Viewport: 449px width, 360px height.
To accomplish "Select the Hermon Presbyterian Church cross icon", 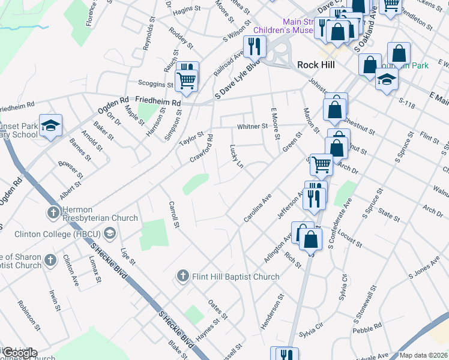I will (x=53, y=212).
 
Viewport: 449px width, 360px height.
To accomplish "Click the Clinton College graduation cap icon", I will (x=109, y=233).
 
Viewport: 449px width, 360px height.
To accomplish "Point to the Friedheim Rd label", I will (x=158, y=102).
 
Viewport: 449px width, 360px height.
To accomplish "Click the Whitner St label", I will (x=252, y=127).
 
